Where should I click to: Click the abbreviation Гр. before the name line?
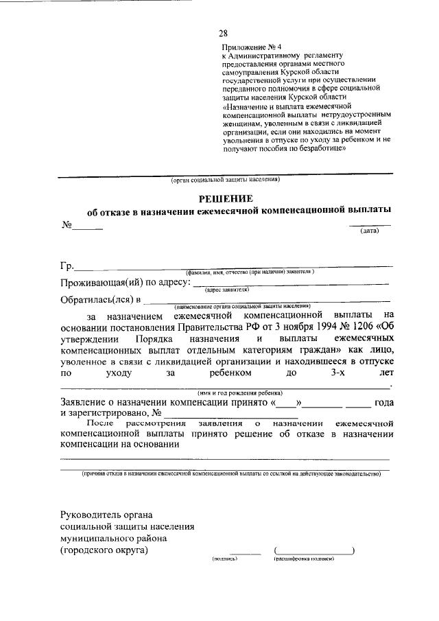[x=67, y=267]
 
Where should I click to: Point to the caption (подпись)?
[x=225, y=559]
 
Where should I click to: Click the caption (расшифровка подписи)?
[x=303, y=559]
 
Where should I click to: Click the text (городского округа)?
[x=104, y=550]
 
